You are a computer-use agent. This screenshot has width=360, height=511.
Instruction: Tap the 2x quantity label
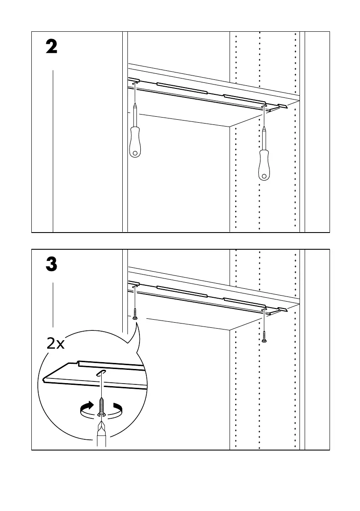coord(55,344)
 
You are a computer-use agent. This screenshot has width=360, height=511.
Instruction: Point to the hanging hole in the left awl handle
coord(135,152)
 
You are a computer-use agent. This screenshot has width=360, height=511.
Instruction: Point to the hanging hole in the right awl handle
coord(264,176)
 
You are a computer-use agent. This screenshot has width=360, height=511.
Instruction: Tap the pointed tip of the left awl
coord(135,103)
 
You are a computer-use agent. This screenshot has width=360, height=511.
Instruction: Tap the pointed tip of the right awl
coord(264,127)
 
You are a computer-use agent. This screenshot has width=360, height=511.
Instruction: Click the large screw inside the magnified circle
coord(102,406)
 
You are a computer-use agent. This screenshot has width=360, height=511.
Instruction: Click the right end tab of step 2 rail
coord(283,106)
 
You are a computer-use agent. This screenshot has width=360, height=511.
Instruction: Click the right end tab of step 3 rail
coord(283,309)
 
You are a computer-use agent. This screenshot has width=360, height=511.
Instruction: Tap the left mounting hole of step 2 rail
coord(134,82)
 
